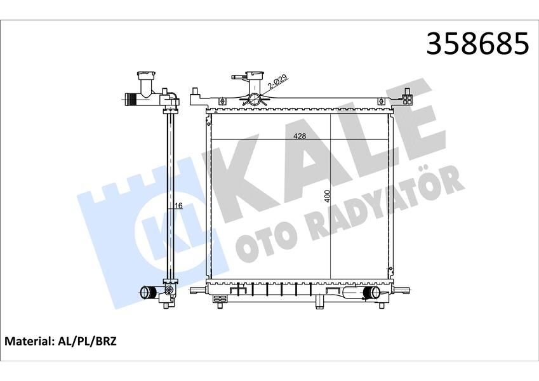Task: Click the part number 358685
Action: (x=477, y=43)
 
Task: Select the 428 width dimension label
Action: (x=300, y=136)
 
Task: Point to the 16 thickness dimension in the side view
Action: (x=180, y=206)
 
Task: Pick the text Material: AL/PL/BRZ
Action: (x=61, y=342)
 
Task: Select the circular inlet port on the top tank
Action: (x=254, y=100)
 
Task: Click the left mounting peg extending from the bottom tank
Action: (x=197, y=292)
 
